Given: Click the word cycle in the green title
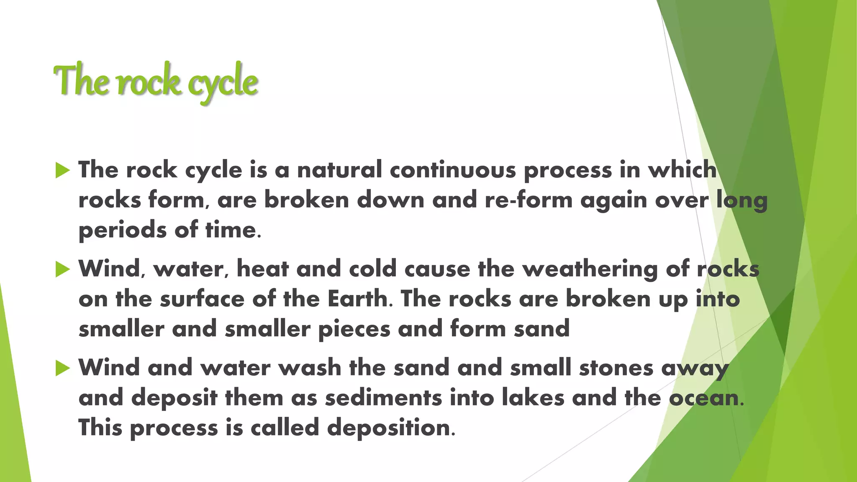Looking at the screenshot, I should [x=222, y=82].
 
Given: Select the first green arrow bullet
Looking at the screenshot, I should [x=62, y=170].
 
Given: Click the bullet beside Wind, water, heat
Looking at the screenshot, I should [x=62, y=269].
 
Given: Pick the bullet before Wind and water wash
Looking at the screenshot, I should [x=62, y=368].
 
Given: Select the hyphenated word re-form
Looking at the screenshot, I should [x=529, y=200].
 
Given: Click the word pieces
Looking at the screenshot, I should [x=354, y=329].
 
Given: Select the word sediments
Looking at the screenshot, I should [x=383, y=397].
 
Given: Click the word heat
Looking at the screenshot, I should [x=262, y=269].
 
